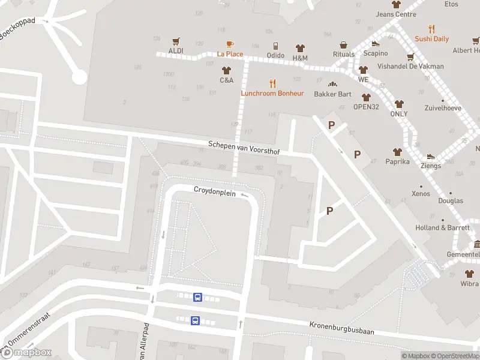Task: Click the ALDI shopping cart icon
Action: tap(176, 41)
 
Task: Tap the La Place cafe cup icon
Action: tap(230, 44)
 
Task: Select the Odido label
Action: tap(275, 55)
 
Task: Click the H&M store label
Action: tap(300, 58)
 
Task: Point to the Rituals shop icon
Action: tap(344, 45)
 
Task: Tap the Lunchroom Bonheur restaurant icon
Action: tap(272, 83)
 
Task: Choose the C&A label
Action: tap(226, 80)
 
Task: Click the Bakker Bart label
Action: tap(332, 94)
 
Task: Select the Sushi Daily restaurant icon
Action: tap(431, 29)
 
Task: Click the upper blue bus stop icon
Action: tap(197, 296)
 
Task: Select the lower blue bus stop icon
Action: tap(195, 320)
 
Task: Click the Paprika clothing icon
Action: tap(397, 152)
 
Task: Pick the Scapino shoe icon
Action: tap(376, 43)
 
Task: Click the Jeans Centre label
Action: tap(396, 14)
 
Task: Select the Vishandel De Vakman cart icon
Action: tap(410, 57)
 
